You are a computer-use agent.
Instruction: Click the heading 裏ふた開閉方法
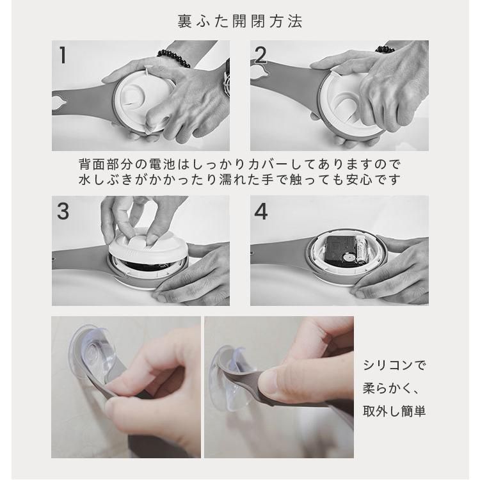[x=240, y=21]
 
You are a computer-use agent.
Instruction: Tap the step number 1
[x=63, y=55]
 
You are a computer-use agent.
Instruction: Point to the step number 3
[x=63, y=211]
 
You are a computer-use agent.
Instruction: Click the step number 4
[x=261, y=212]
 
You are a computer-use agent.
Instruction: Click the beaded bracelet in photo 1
[x=173, y=58]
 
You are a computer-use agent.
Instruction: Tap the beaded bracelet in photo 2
[x=385, y=49]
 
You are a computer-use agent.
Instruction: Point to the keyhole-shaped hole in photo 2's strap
[x=257, y=71]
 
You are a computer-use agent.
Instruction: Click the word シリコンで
[x=394, y=365]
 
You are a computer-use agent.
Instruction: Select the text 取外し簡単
[x=394, y=411]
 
